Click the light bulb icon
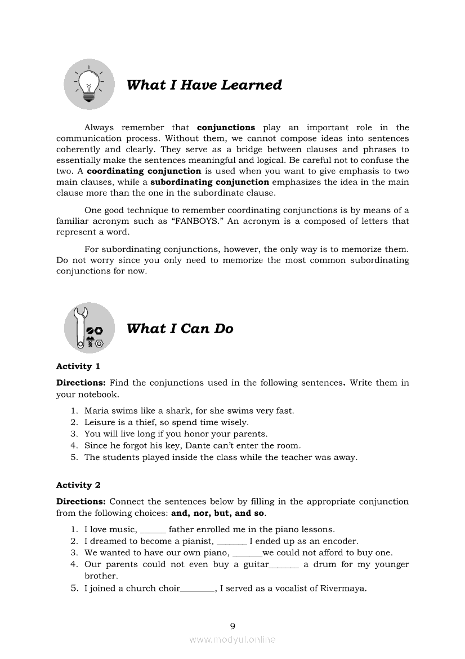(89, 85)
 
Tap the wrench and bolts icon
(89, 328)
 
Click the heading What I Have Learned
(204, 85)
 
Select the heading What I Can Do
(180, 329)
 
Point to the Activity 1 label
(78, 366)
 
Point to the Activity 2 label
(78, 485)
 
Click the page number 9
(232, 626)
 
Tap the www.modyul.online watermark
(232, 639)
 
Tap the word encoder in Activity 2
(339, 541)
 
